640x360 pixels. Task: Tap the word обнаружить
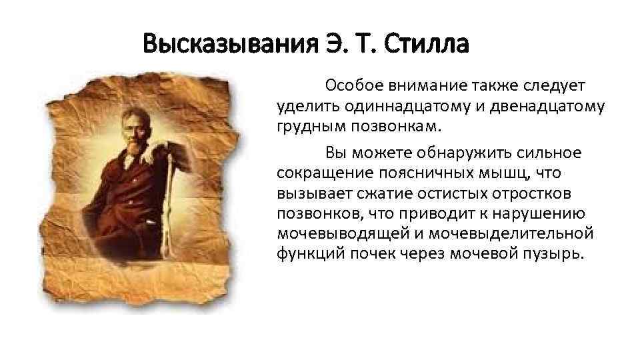457,153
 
